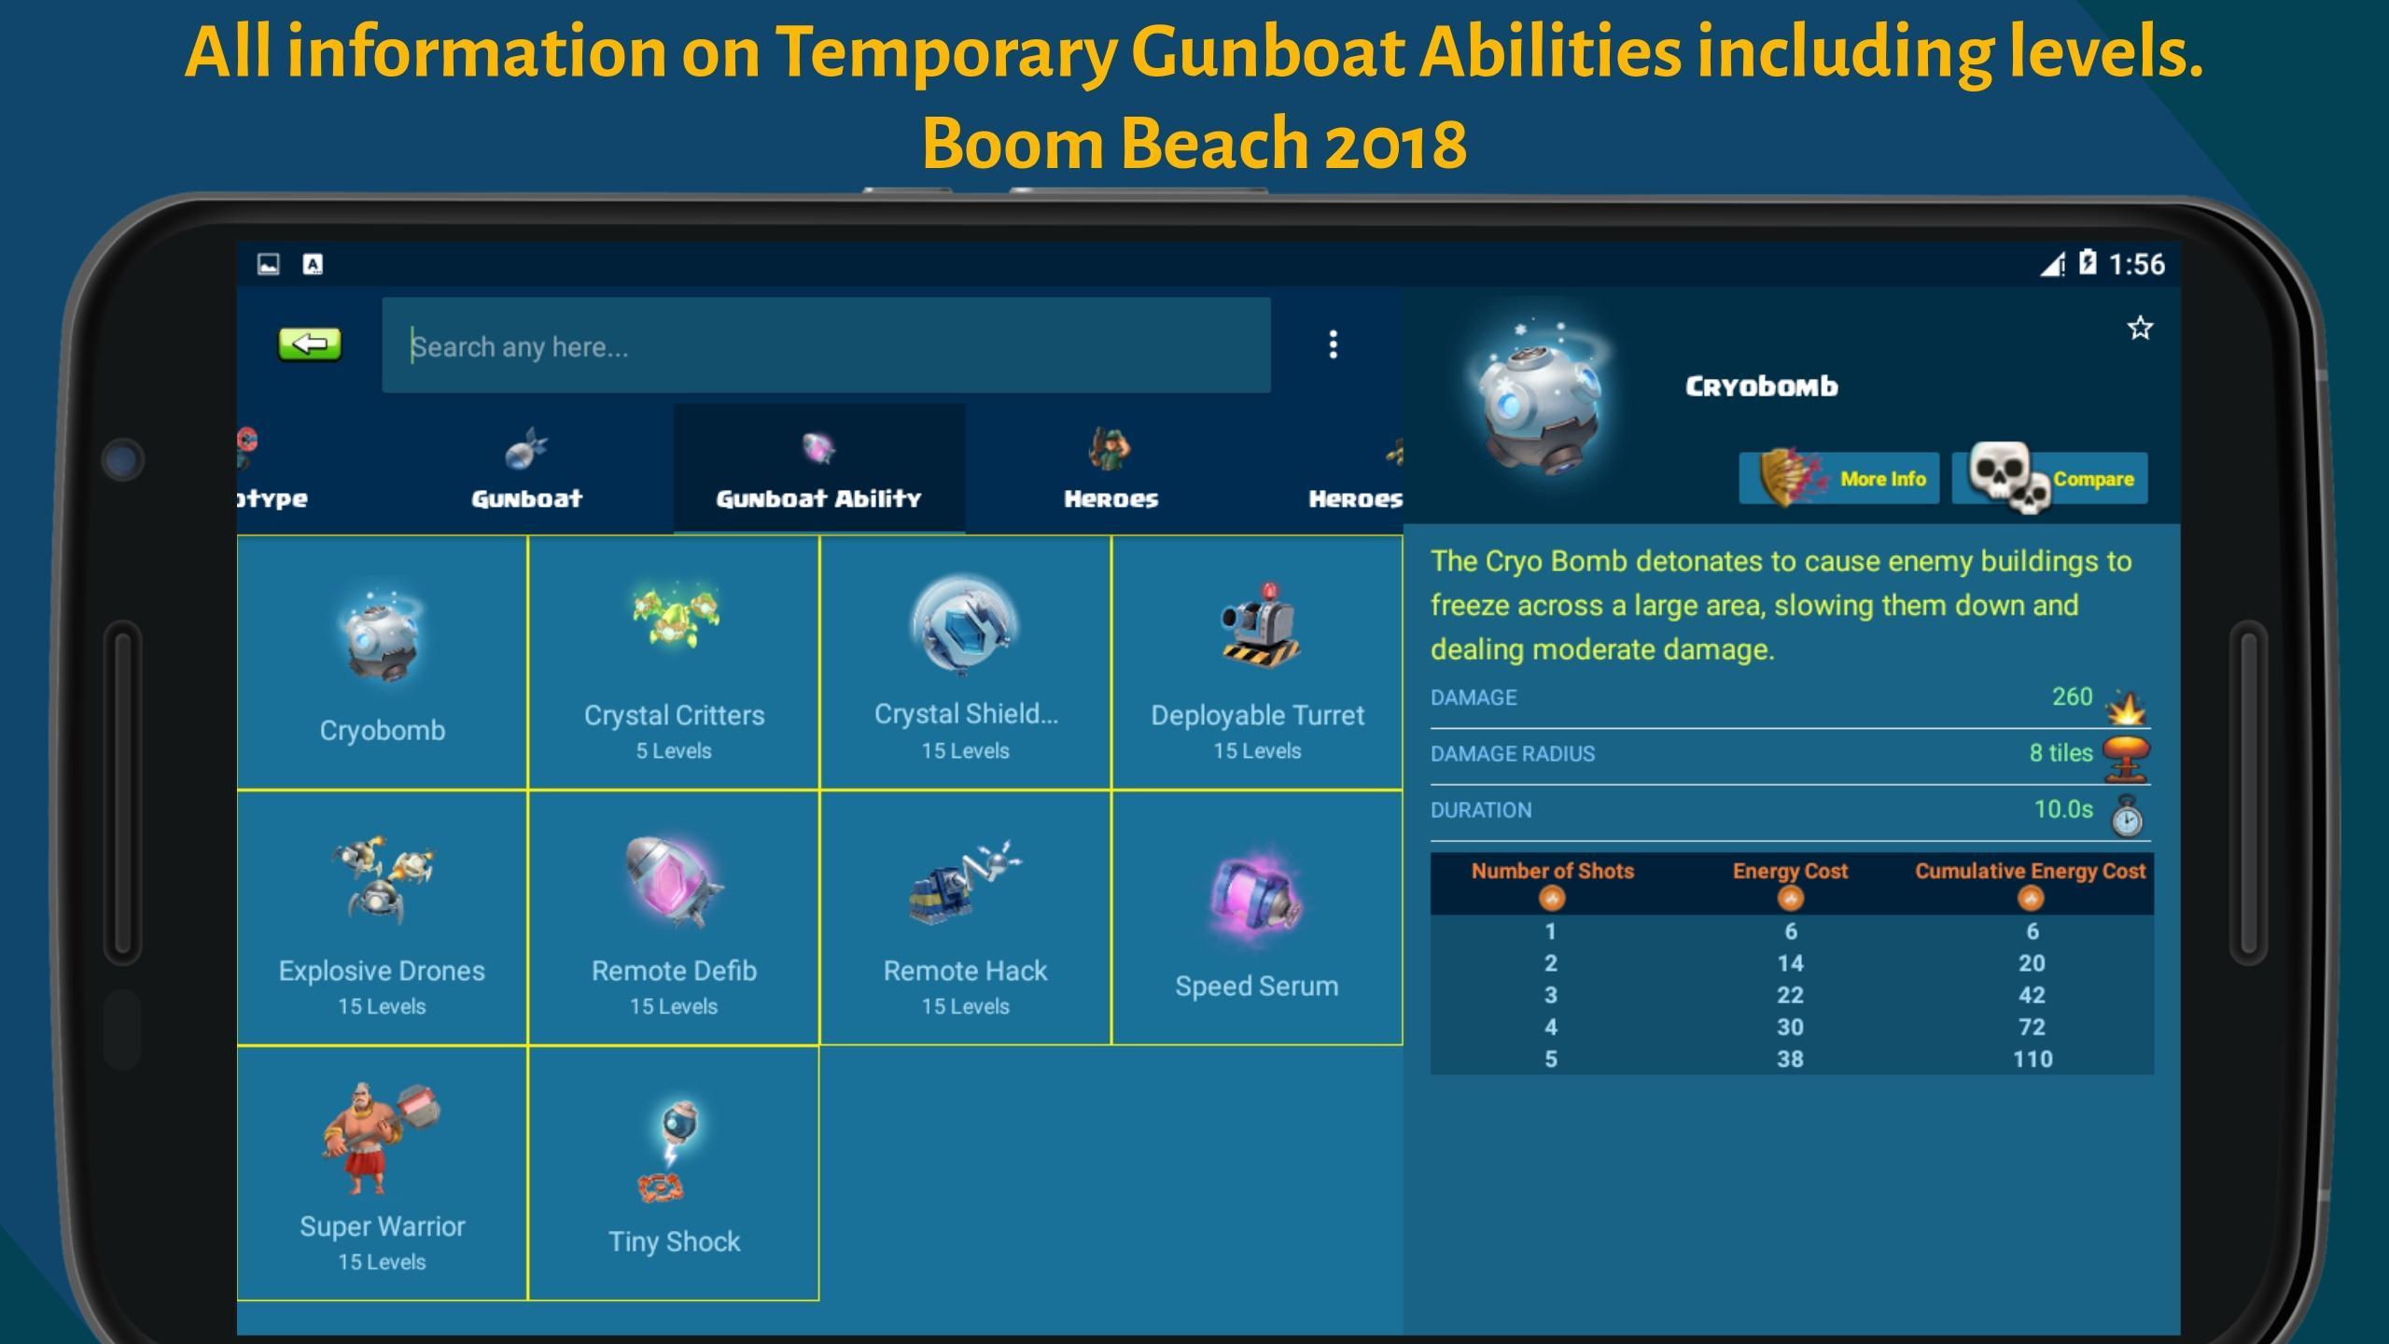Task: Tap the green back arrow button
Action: (x=310, y=344)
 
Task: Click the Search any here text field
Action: (x=826, y=345)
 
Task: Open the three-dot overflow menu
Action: (x=1333, y=344)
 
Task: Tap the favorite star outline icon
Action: (x=2140, y=328)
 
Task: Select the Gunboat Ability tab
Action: (x=818, y=469)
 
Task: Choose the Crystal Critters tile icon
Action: (x=674, y=616)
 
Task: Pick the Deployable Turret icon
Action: (x=1258, y=625)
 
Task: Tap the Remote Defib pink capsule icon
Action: (x=674, y=882)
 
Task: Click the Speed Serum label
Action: (x=1256, y=986)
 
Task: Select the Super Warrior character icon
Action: (x=381, y=1139)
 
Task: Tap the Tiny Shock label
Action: (x=674, y=1241)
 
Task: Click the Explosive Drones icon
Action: (x=382, y=879)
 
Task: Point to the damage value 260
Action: (x=2072, y=696)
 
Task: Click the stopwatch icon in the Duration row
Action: (x=2127, y=816)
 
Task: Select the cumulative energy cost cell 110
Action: (x=2032, y=1058)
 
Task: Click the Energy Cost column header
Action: (x=1790, y=871)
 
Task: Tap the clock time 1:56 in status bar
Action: (x=2136, y=264)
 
